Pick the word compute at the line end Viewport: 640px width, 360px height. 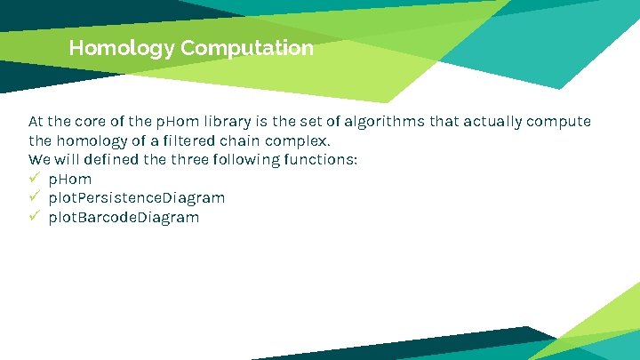560,121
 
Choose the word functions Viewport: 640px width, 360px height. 319,160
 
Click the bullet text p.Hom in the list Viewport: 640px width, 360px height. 69,180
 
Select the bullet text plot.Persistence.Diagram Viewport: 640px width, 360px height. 137,197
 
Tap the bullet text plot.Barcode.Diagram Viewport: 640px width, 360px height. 124,217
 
